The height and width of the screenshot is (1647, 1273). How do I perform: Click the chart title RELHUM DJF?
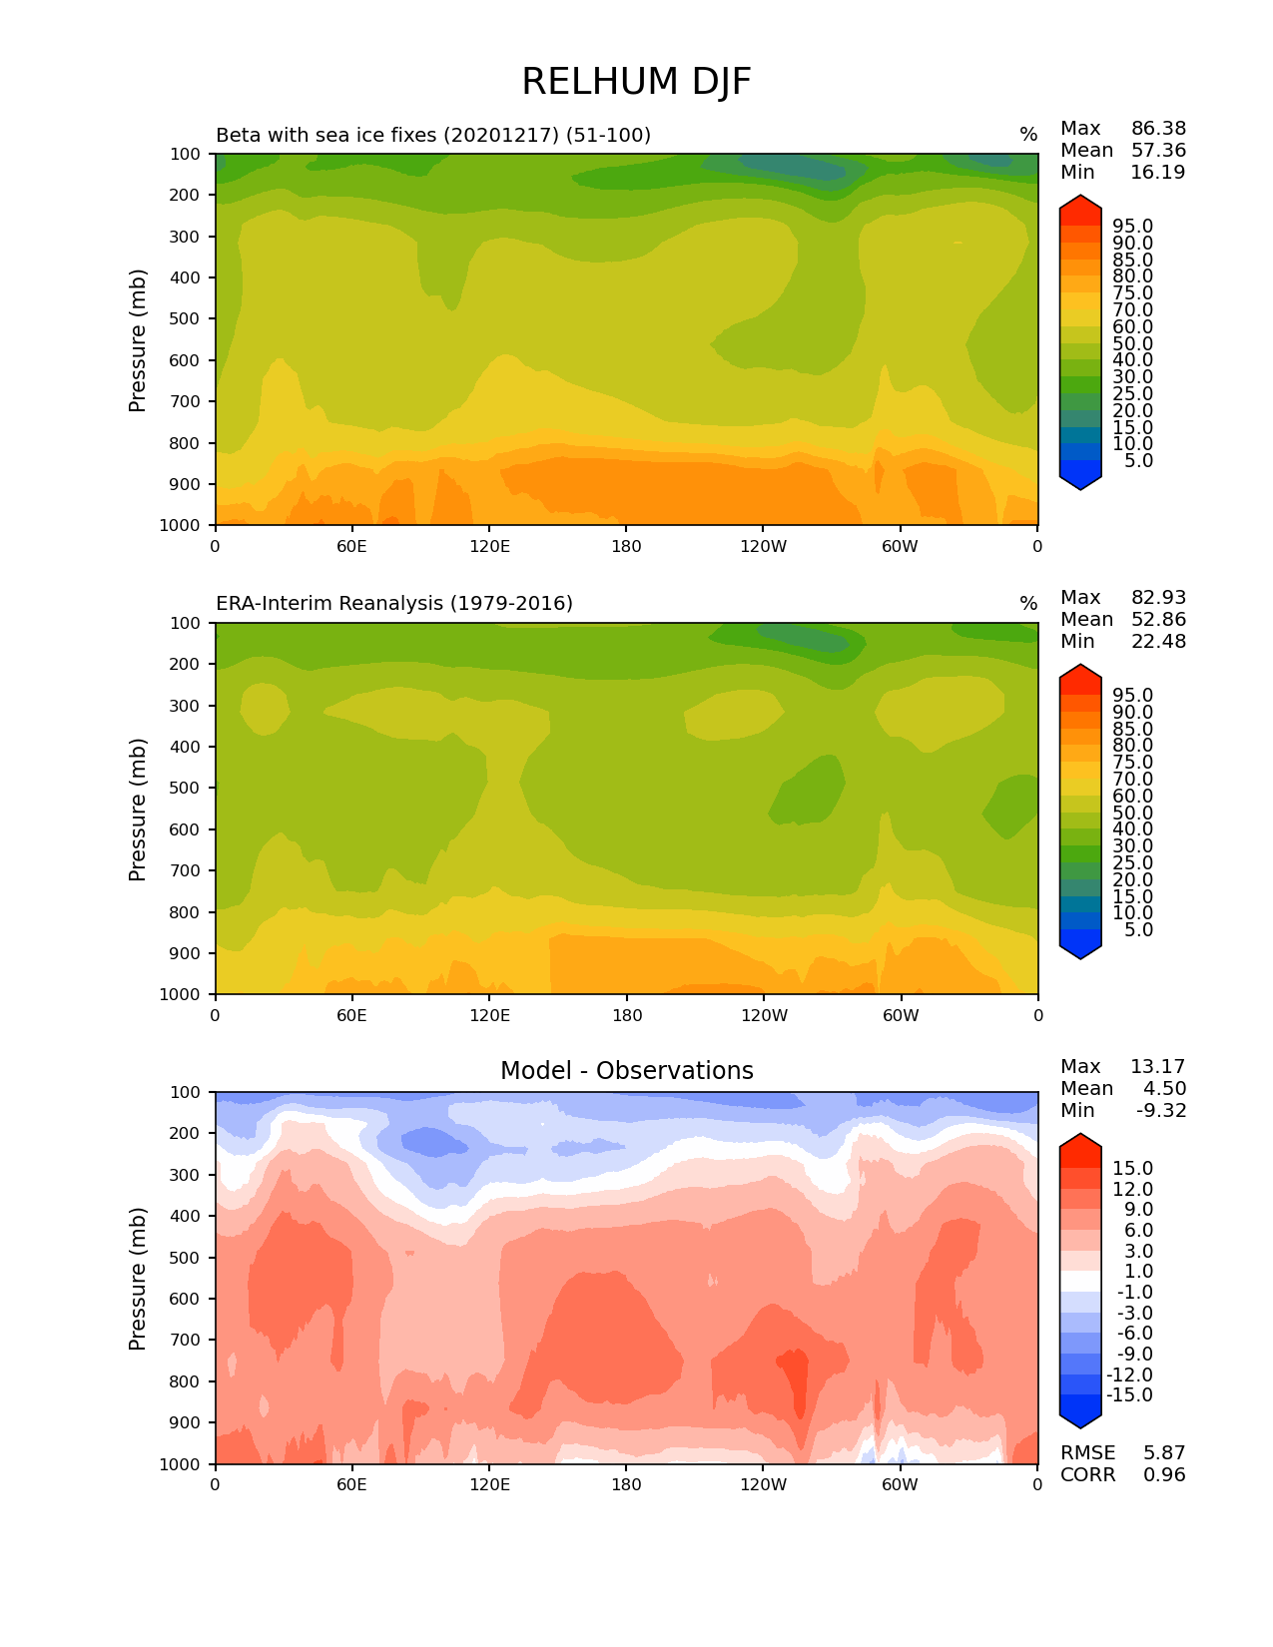[x=636, y=82]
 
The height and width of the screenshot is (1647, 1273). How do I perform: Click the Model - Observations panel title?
[x=626, y=1071]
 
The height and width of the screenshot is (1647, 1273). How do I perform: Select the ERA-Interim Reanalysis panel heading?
[x=394, y=604]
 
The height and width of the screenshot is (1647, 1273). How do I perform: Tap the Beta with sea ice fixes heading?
[x=433, y=135]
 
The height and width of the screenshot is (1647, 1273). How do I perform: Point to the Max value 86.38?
[x=1158, y=129]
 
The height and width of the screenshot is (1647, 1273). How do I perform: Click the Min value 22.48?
[x=1158, y=642]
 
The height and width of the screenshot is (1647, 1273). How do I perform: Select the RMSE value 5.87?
[x=1165, y=1453]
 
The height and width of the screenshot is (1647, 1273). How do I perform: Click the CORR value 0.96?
[x=1165, y=1475]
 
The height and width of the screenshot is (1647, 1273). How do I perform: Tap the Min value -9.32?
[x=1161, y=1111]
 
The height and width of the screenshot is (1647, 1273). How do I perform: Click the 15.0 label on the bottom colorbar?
[x=1132, y=1169]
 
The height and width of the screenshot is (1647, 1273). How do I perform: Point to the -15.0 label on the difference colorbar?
[x=1129, y=1395]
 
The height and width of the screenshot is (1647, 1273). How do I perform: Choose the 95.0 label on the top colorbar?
[x=1132, y=227]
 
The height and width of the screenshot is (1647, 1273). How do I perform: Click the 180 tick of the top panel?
[x=626, y=546]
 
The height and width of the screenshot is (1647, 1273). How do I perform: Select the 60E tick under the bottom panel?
[x=351, y=1484]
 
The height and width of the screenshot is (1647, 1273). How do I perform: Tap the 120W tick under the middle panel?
[x=764, y=1015]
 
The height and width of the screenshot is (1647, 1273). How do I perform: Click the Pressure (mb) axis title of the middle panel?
[x=138, y=809]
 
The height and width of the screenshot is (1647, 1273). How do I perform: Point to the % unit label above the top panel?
[x=1028, y=135]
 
